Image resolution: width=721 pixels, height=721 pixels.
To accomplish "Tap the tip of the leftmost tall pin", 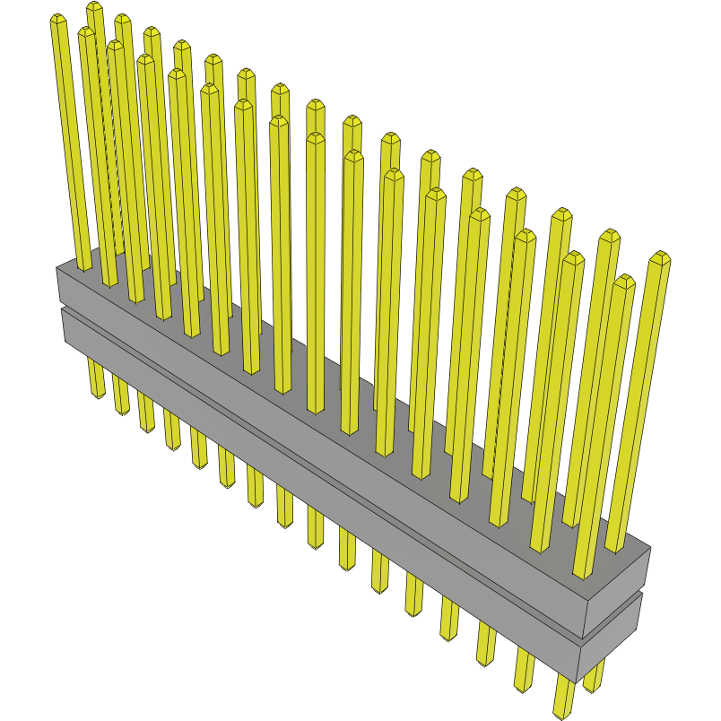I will [x=57, y=20].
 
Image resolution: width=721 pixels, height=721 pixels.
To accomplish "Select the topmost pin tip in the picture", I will [x=94, y=7].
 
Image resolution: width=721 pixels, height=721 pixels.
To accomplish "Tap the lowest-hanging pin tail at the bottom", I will [x=562, y=708].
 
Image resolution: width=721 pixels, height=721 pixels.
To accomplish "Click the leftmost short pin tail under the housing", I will [x=97, y=386].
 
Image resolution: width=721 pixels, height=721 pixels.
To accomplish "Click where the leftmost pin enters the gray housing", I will [x=83, y=267].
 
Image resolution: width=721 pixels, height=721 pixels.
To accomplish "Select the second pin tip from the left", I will [x=85, y=32].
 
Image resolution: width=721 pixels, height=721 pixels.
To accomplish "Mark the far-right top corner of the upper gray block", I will [x=650, y=548].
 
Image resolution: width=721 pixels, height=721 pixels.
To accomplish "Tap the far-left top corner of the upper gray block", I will [x=56, y=267].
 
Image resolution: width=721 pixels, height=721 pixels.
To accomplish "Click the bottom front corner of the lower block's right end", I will [x=578, y=682].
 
